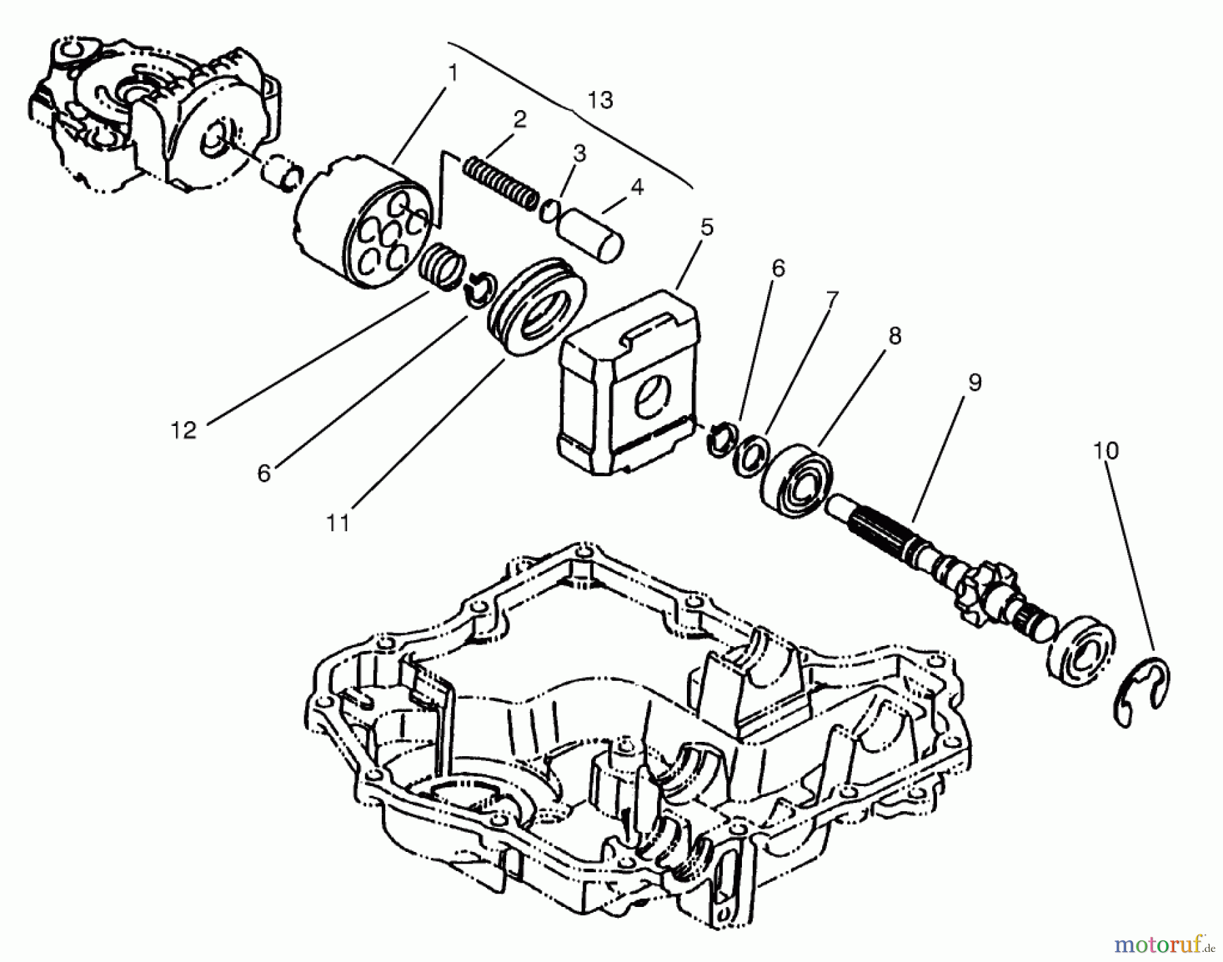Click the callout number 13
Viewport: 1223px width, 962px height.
coord(600,101)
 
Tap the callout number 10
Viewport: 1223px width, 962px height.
coord(1105,450)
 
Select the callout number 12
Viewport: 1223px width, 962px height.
coord(183,430)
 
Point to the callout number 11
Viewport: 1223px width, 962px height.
coord(338,523)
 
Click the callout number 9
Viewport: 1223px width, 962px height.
coord(975,382)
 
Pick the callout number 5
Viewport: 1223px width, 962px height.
coord(707,227)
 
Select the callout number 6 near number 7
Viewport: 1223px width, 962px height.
coord(778,269)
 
